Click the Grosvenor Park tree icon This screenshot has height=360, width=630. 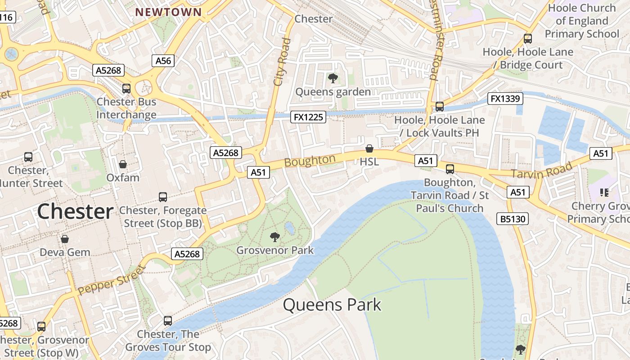(274, 237)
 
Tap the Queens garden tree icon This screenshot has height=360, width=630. (333, 79)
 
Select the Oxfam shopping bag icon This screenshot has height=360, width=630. (122, 165)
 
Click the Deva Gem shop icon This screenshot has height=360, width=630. (65, 239)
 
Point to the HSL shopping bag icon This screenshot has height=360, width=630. (369, 148)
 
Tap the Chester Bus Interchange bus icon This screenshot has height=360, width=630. (126, 89)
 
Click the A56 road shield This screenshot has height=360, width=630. (163, 61)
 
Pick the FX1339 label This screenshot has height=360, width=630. (505, 99)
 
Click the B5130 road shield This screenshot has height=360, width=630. (512, 219)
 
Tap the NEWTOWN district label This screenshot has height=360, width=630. (169, 12)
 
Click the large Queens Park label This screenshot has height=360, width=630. (332, 305)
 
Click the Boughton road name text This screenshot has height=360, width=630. (310, 161)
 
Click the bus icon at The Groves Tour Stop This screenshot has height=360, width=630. (168, 321)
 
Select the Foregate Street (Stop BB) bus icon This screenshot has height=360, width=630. (163, 197)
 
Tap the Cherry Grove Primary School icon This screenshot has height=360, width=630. (604, 193)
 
